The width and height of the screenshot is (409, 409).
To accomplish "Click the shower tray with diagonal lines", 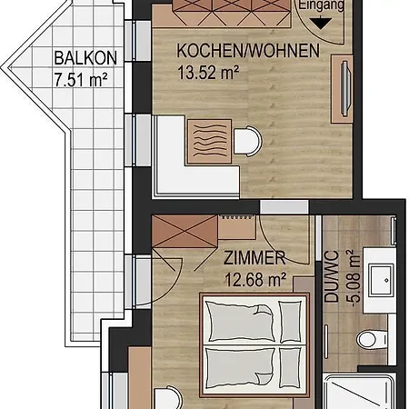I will (359, 391).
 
